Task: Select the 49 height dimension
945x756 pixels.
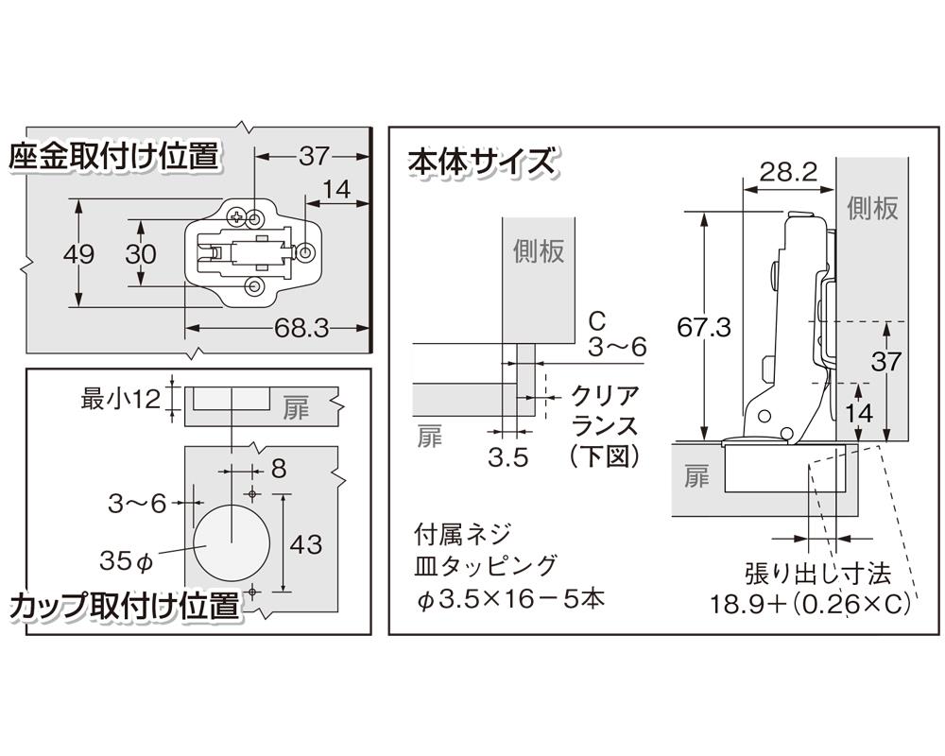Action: [52, 254]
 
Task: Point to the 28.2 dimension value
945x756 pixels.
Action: [787, 171]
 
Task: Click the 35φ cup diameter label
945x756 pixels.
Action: [126, 561]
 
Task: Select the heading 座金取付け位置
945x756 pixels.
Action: [113, 156]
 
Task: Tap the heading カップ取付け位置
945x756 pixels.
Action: [124, 606]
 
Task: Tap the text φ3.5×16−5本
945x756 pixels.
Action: [496, 598]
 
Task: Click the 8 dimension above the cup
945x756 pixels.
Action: [278, 467]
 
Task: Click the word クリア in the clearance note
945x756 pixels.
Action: [606, 397]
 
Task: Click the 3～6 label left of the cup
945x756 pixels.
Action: [138, 504]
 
